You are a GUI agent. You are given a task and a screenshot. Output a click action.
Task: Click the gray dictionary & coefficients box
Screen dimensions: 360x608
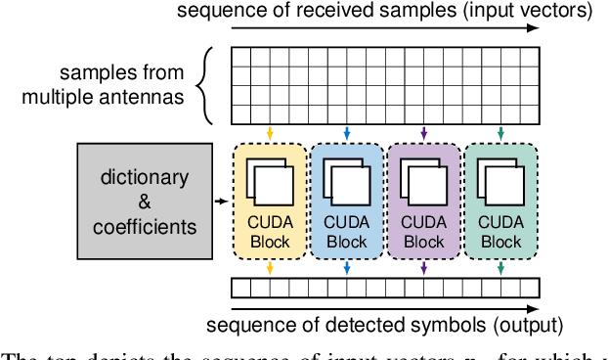click(x=145, y=202)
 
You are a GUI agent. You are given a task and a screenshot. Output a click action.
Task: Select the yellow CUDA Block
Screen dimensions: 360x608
click(x=269, y=201)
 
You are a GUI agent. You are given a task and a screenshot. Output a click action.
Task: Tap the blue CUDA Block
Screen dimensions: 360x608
click(x=346, y=201)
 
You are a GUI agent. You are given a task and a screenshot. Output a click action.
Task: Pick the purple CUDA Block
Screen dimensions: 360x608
click(x=423, y=201)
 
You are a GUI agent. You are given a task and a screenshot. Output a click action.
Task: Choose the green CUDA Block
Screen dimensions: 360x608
click(x=500, y=201)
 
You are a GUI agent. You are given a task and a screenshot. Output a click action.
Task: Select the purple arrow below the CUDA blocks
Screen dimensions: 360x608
click(x=423, y=267)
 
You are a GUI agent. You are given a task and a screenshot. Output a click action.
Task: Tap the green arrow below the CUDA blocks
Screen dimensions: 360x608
click(x=500, y=267)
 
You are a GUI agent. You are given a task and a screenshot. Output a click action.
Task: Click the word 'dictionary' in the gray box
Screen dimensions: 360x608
click(x=145, y=177)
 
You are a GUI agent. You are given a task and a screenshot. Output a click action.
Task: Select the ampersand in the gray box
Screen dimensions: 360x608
click(x=145, y=202)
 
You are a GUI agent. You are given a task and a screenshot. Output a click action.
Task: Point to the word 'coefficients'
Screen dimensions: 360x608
click(x=145, y=227)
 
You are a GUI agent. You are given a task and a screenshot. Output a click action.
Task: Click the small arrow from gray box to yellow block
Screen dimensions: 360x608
click(x=222, y=202)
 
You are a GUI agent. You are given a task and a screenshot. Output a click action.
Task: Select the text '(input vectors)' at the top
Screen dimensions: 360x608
click(x=538, y=11)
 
